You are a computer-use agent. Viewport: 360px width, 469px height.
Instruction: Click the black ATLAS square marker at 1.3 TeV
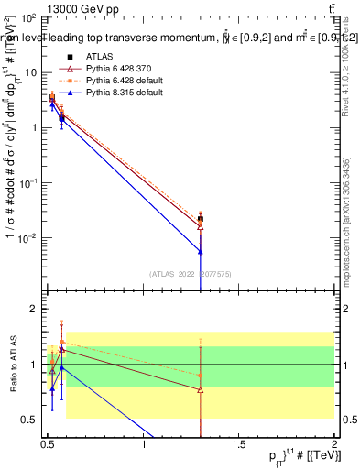(201, 219)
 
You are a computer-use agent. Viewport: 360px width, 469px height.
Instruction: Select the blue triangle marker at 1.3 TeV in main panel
(201, 250)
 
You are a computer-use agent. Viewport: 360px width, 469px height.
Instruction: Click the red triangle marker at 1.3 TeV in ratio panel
(201, 389)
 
